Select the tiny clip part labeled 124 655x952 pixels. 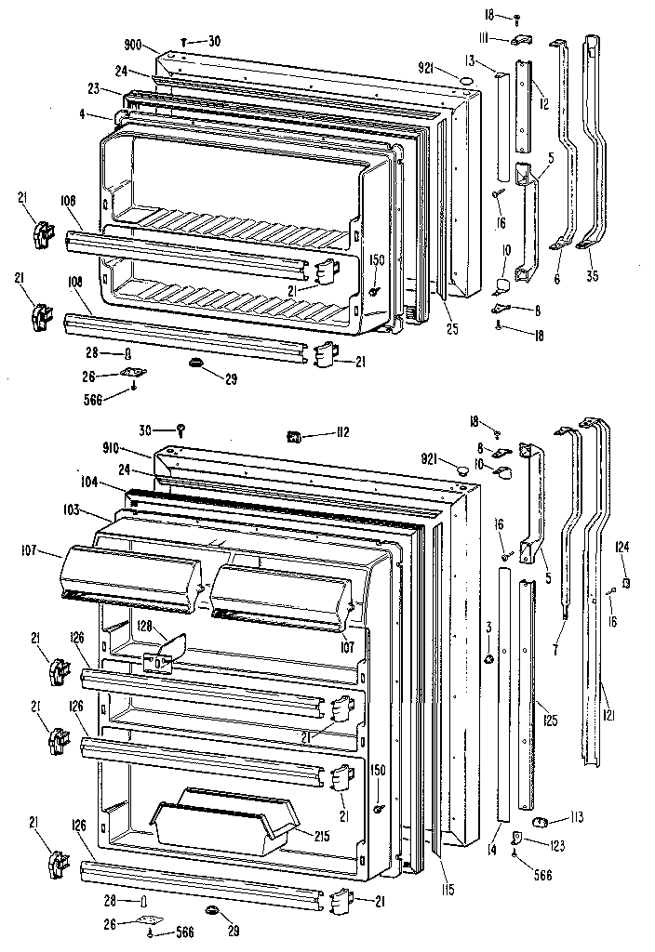click(627, 582)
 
